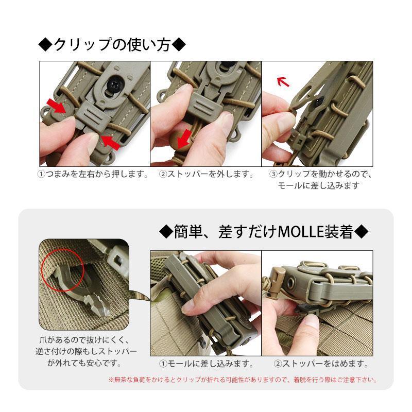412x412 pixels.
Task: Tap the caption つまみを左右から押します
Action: (x=93, y=175)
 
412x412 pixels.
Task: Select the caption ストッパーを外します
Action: (x=206, y=175)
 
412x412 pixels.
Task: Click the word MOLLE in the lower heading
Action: (x=300, y=232)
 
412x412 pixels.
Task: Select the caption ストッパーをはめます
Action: (x=320, y=364)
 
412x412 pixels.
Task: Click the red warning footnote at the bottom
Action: (x=243, y=381)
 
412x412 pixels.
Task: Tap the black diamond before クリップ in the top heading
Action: (x=45, y=45)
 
